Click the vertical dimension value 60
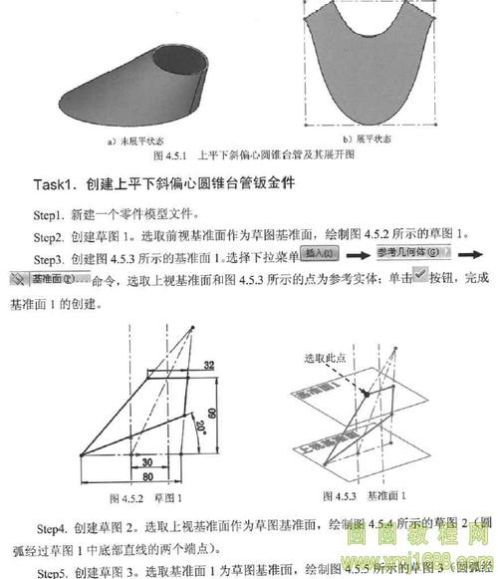point(212,411)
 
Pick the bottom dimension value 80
point(147,477)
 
